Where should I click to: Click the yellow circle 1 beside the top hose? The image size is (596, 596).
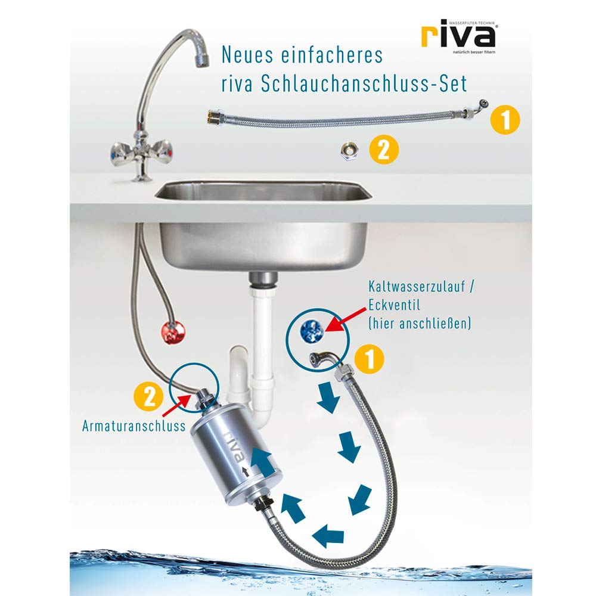[505, 120]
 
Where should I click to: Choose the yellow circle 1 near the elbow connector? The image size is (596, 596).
[369, 359]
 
